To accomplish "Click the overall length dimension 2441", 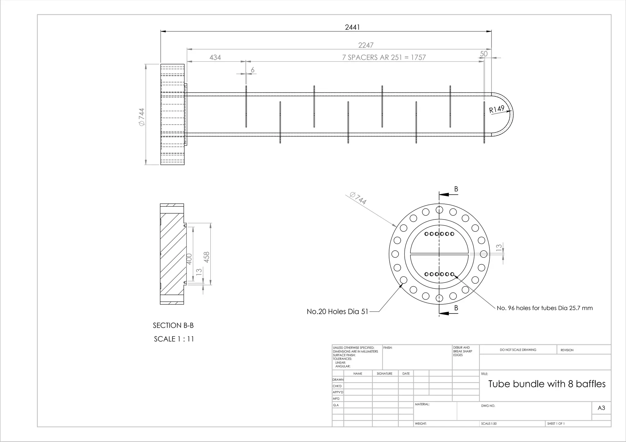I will pyautogui.click(x=352, y=27).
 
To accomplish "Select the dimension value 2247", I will pyautogui.click(x=366, y=45).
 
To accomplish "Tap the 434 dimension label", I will pyautogui.click(x=215, y=57).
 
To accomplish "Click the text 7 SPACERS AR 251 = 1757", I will pyautogui.click(x=384, y=57).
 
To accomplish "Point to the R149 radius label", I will pyautogui.click(x=496, y=109).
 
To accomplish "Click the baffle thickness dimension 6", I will pyautogui.click(x=252, y=70).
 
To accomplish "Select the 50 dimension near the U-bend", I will pyautogui.click(x=484, y=54).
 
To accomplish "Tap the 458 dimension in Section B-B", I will pyautogui.click(x=207, y=257).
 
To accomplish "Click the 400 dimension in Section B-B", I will pyautogui.click(x=189, y=259).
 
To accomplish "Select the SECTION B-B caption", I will pyautogui.click(x=173, y=325).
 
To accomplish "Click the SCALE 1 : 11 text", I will pyautogui.click(x=174, y=339).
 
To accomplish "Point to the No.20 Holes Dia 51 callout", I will pyautogui.click(x=337, y=312).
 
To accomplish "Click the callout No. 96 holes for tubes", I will pyautogui.click(x=544, y=308).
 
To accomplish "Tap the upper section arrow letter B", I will pyautogui.click(x=456, y=189).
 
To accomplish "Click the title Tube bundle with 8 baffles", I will pyautogui.click(x=547, y=384).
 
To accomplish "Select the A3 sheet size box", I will pyautogui.click(x=601, y=408).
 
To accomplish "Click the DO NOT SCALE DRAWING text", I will pyautogui.click(x=518, y=350).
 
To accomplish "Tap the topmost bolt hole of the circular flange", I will pyautogui.click(x=439, y=210).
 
